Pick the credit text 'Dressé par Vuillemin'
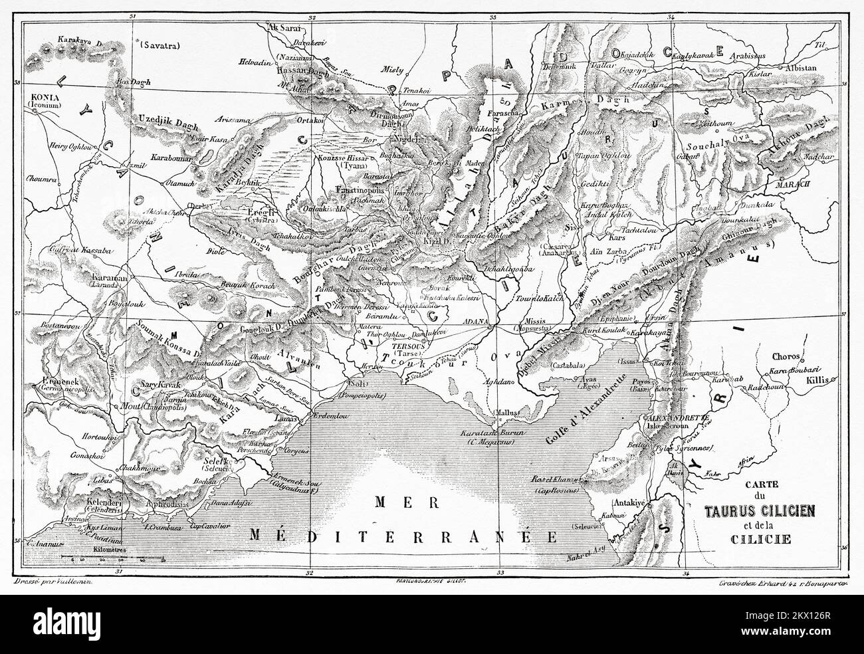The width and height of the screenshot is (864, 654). tap(51, 583)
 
